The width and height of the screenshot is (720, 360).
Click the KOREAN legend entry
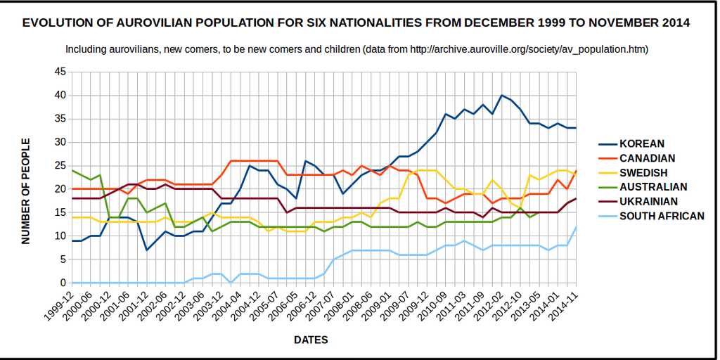click(641, 144)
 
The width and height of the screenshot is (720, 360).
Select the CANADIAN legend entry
click(647, 158)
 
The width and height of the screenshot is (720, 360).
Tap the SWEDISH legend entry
click(643, 172)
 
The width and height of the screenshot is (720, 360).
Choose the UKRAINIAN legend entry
click(648, 201)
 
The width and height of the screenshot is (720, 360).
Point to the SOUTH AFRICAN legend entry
click(661, 216)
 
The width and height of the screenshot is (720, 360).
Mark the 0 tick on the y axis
click(63, 283)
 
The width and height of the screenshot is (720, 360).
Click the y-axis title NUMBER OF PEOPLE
click(26, 191)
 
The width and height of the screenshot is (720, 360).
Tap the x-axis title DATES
click(311, 340)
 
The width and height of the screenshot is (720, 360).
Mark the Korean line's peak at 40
click(501, 95)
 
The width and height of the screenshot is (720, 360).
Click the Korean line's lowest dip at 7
click(146, 250)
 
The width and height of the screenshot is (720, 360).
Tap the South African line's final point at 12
click(576, 226)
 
